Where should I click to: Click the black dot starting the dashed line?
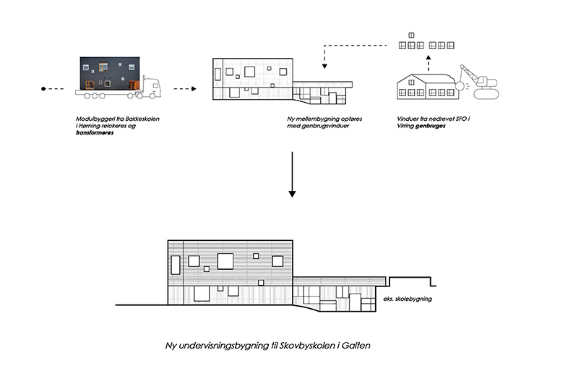(x=43, y=89)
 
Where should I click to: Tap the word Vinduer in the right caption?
(x=408, y=119)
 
